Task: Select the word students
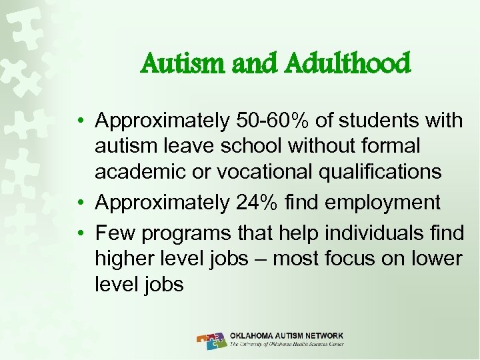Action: [381, 121]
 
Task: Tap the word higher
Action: [125, 259]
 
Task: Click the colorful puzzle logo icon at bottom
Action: [211, 340]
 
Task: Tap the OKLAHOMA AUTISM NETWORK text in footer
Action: [287, 335]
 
